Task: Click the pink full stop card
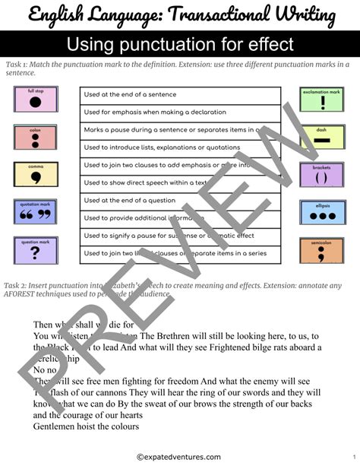36,100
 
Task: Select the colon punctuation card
36,137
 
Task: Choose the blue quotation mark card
36,212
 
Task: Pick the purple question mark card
36,249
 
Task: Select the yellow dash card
322,138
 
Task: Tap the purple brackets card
322,175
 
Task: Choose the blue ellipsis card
322,213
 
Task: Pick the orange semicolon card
322,251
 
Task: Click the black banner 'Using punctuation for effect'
180,44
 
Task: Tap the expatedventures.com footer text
179,456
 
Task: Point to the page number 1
353,456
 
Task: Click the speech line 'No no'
45,369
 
